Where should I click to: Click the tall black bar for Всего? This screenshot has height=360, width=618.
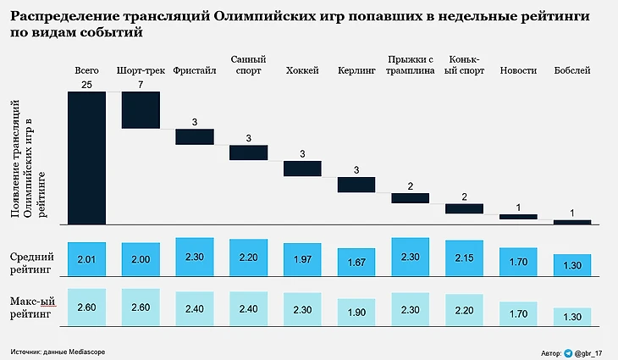[x=87, y=158]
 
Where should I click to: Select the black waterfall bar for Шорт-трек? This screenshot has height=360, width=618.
[x=141, y=110]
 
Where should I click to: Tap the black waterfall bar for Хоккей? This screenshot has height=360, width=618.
[x=302, y=168]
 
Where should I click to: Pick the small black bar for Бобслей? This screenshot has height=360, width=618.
[x=572, y=222]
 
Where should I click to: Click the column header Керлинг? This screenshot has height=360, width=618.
[x=356, y=70]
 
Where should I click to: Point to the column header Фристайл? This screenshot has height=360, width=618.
[x=195, y=70]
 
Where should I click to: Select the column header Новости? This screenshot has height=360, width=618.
[x=518, y=70]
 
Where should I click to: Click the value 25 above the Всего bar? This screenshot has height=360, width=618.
[x=87, y=86]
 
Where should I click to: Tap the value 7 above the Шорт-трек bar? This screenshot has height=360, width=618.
[x=141, y=86]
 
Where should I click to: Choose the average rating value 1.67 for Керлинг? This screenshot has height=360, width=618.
[x=356, y=263]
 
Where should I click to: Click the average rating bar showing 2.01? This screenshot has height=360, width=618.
[x=87, y=258]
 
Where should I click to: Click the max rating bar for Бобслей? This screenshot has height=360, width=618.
[x=572, y=316]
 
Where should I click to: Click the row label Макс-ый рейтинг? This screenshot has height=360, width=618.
[x=31, y=307]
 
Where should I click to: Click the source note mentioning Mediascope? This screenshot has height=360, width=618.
[x=58, y=351]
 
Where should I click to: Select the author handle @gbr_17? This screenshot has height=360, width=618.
[x=591, y=352]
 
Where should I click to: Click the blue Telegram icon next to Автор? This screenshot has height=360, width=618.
[x=568, y=352]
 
